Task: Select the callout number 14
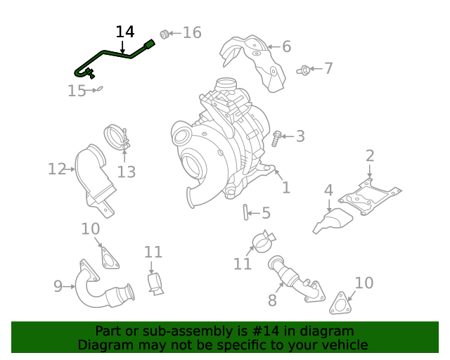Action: (124, 32)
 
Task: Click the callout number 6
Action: (286, 47)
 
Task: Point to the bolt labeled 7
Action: (304, 70)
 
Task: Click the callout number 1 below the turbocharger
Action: (285, 188)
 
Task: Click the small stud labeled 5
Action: (246, 211)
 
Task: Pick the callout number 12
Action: (56, 169)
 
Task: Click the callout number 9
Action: (58, 285)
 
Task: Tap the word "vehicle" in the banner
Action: (344, 345)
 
